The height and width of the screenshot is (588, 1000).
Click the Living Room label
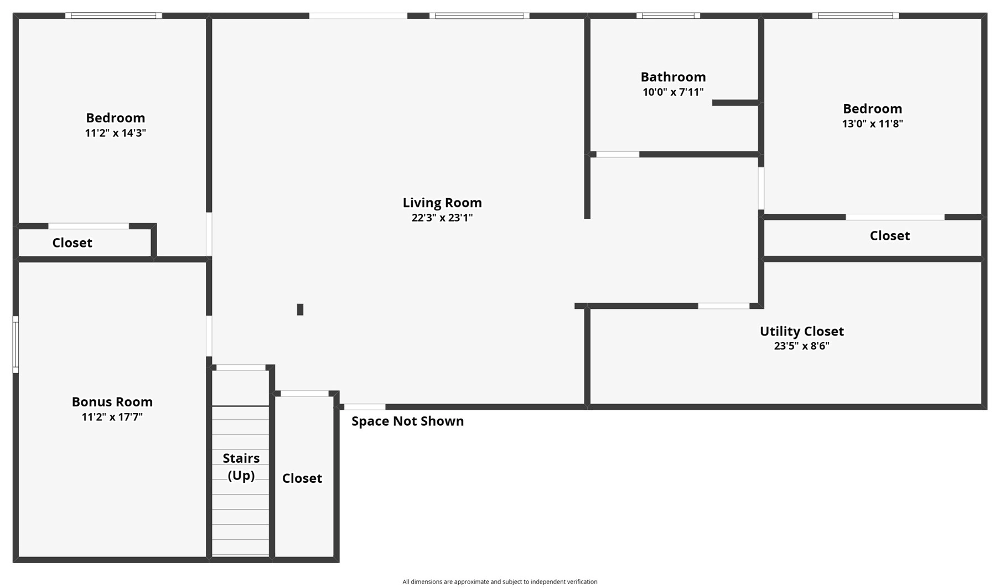click(x=442, y=203)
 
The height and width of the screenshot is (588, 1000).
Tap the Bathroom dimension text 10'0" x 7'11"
click(x=673, y=92)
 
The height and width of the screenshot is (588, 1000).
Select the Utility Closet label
click(x=801, y=331)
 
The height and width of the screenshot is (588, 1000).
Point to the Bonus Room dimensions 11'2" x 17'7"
click(x=112, y=417)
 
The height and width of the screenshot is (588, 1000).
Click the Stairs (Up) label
click(x=241, y=467)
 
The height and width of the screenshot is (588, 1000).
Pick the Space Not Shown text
click(x=408, y=421)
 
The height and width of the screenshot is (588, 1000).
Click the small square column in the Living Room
click(x=300, y=310)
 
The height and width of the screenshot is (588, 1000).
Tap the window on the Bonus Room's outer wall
click(x=15, y=344)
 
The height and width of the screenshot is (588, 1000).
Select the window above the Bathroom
click(x=668, y=16)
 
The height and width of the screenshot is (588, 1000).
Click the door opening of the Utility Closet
click(x=723, y=306)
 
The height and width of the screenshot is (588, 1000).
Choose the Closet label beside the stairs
click(x=302, y=478)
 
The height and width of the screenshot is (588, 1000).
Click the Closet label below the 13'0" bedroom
click(x=890, y=236)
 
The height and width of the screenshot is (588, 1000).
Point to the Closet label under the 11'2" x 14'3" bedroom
click(x=72, y=243)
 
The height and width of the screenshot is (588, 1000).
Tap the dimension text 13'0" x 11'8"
click(x=873, y=123)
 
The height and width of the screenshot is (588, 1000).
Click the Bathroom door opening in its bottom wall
click(x=618, y=154)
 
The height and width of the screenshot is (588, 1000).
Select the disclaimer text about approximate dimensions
click(x=500, y=582)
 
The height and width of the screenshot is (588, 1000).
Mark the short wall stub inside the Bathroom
click(x=735, y=102)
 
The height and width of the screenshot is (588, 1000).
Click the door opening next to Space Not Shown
click(x=365, y=407)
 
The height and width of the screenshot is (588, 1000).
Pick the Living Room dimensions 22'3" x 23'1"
click(x=442, y=218)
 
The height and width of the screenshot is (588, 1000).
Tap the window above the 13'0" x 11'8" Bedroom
click(x=856, y=16)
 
